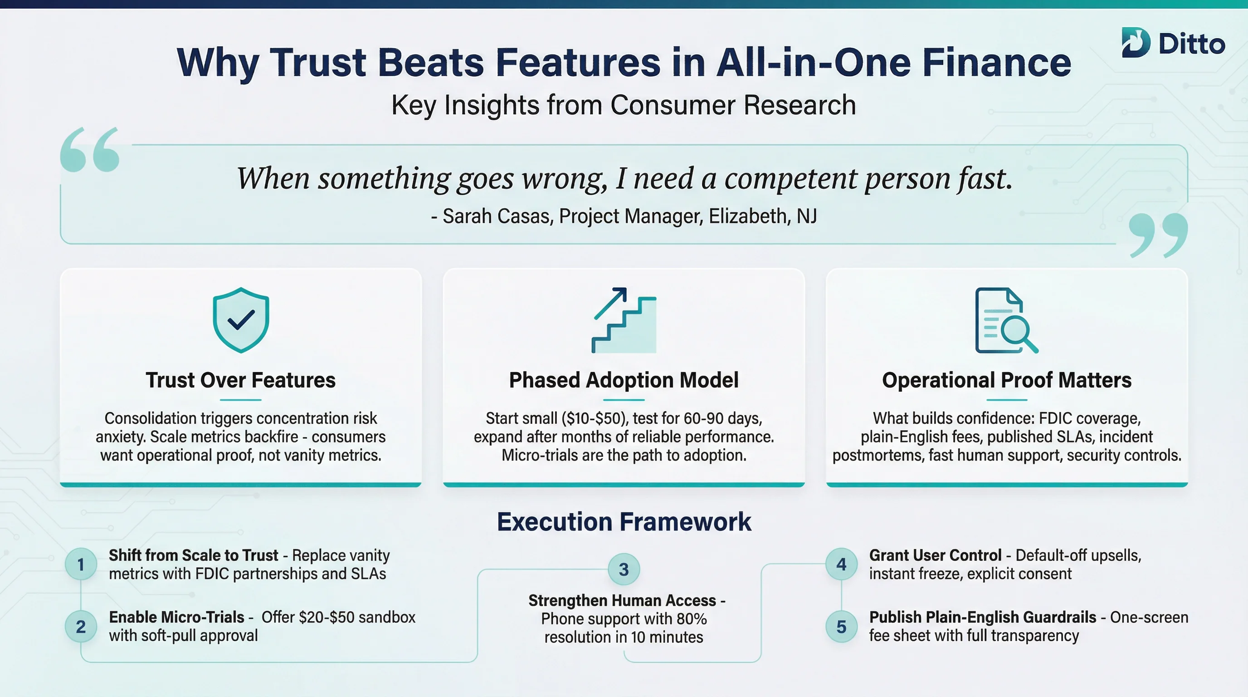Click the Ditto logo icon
(x=1135, y=43)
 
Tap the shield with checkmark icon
(x=241, y=320)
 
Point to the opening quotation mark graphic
(x=90, y=150)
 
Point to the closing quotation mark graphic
(x=1158, y=235)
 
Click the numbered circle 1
(x=81, y=564)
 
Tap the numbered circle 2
(x=81, y=627)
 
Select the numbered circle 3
(x=624, y=569)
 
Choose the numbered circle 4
(x=842, y=564)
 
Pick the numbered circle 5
(x=842, y=627)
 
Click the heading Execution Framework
(x=624, y=522)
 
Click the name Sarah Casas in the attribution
(x=497, y=216)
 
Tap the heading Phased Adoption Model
(x=624, y=380)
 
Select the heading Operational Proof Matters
(x=1007, y=380)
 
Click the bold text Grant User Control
(x=935, y=555)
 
